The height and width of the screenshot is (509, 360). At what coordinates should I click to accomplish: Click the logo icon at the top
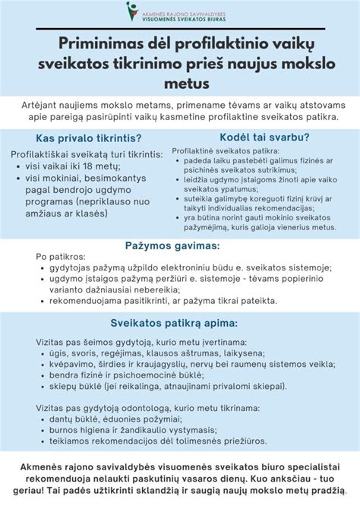point(131,11)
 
